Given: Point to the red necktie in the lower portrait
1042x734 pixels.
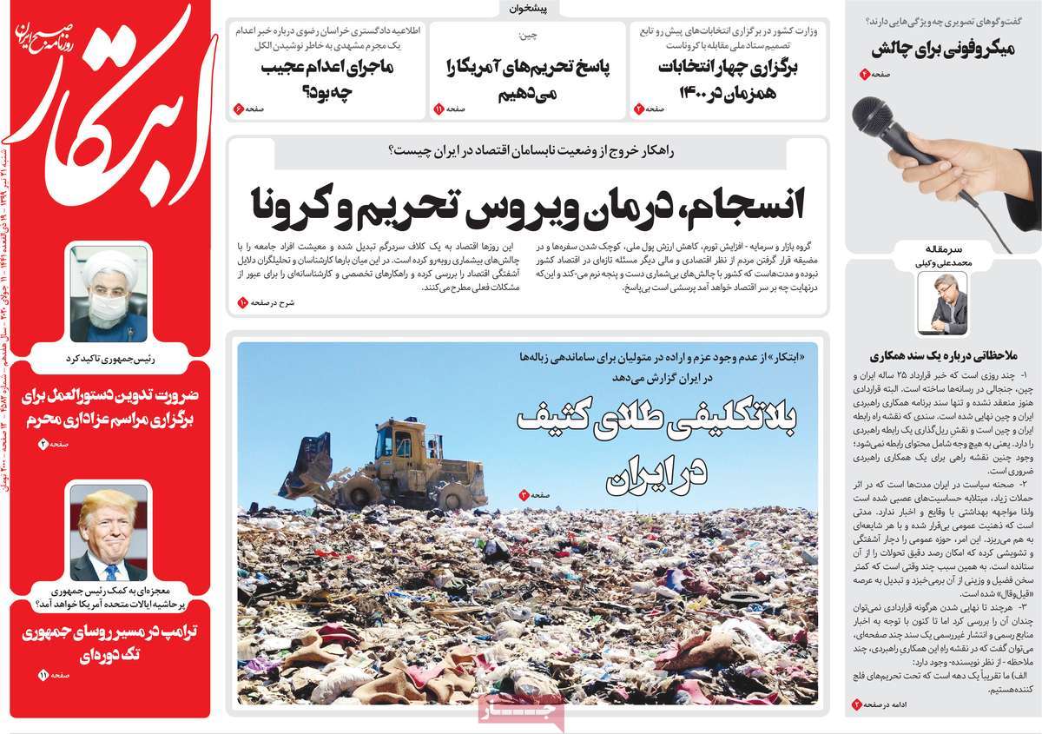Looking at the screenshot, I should coord(114,568).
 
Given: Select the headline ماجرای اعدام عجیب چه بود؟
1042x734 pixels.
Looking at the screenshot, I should coord(326,77).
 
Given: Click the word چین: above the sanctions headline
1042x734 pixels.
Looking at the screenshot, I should coord(528,36).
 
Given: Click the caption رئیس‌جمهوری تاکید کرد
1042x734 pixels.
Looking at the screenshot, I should coord(109,357).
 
